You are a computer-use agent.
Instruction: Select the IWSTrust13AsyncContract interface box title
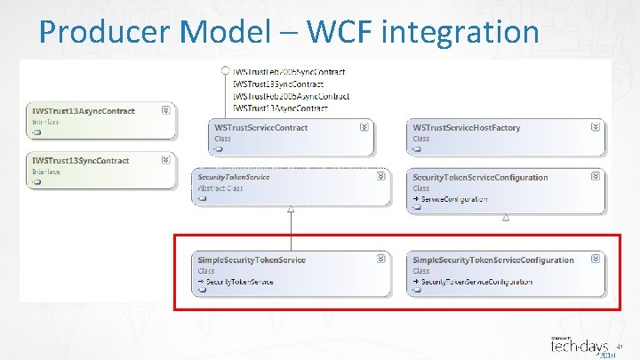coord(84,111)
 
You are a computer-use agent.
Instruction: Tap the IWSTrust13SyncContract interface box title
coord(81,161)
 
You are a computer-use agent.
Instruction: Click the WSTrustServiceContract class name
coord(261,128)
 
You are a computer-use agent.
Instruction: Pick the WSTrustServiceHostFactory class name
coord(467,128)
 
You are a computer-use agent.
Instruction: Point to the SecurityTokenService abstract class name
coord(234,177)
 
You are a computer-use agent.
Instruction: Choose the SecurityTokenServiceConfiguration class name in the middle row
coord(480,177)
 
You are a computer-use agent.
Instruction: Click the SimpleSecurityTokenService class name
coord(252,260)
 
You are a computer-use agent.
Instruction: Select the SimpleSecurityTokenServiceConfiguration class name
coord(493,260)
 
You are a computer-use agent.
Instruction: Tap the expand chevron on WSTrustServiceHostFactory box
coord(596,127)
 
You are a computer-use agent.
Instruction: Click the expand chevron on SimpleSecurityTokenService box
coord(381,259)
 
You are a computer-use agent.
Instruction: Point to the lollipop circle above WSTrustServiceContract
coord(226,71)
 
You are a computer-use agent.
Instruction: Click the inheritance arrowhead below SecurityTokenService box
coord(291,209)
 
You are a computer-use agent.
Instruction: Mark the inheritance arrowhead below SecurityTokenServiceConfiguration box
coord(505,215)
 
